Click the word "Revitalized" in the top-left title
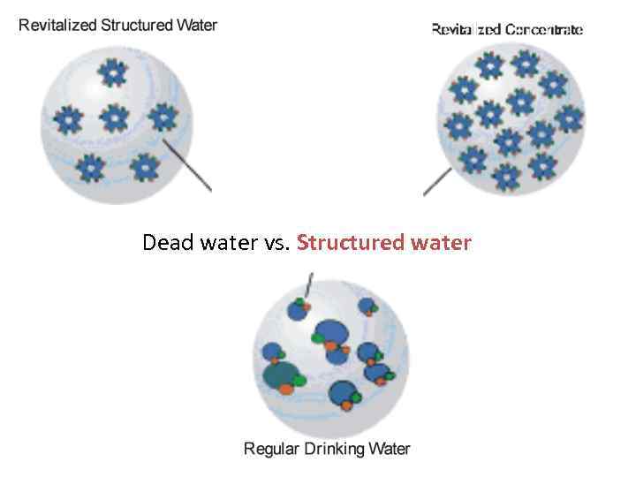[57, 25]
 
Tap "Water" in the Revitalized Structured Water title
[195, 25]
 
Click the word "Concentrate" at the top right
[543, 30]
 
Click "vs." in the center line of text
[276, 242]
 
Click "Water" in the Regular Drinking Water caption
[391, 449]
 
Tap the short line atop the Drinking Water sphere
[308, 284]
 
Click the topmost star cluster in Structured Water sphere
[111, 72]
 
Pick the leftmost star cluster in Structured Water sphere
[67, 118]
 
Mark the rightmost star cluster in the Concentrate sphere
[570, 118]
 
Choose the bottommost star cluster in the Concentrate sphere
[506, 177]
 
